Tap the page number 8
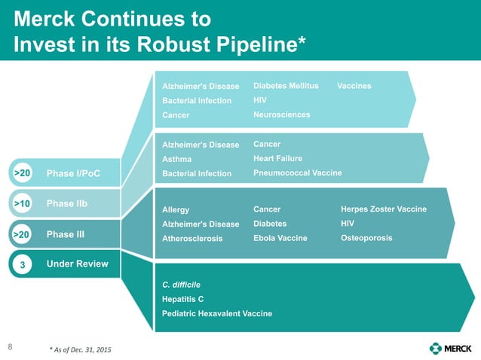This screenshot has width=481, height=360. (10, 347)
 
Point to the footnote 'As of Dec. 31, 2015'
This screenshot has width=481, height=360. (84, 351)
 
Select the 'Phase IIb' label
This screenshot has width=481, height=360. (67, 203)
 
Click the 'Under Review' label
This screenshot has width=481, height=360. (77, 264)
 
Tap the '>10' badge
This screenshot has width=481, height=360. (22, 203)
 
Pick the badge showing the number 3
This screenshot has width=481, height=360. (22, 264)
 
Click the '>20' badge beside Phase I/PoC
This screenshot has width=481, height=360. (22, 173)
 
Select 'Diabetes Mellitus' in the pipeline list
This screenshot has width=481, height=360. (286, 86)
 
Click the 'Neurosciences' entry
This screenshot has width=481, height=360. (281, 114)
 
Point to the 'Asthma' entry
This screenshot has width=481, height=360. (177, 159)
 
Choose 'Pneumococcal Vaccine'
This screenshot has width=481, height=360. (297, 173)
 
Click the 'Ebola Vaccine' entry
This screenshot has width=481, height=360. (280, 238)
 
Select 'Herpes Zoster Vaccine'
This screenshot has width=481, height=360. (384, 209)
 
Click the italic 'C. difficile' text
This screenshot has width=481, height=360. (181, 285)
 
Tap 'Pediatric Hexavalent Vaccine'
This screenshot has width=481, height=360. (217, 313)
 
